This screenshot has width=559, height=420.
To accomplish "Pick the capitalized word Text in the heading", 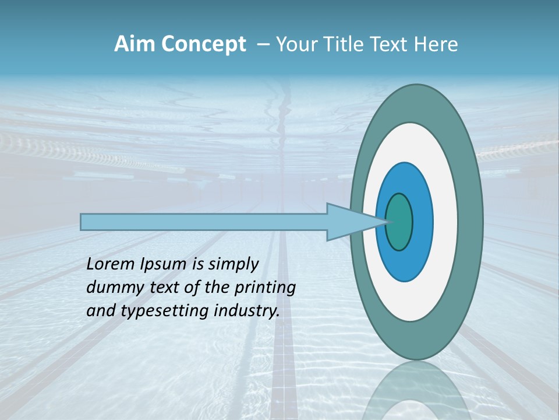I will point(390,44).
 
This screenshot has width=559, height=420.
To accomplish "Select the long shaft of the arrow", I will point(204,222).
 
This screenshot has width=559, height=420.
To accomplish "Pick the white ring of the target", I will point(443,222).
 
